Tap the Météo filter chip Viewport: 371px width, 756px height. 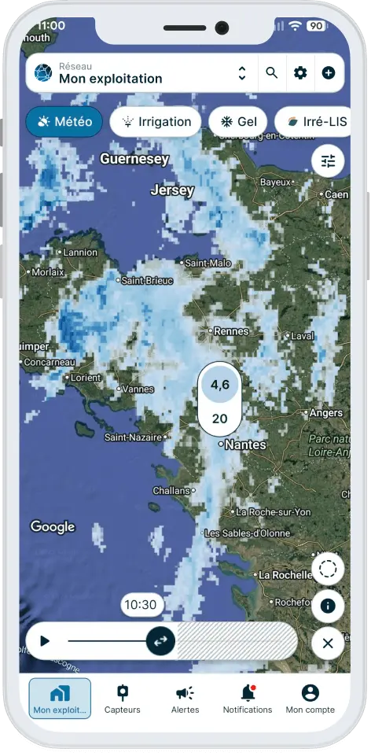click(64, 122)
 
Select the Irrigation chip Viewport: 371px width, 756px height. click(156, 122)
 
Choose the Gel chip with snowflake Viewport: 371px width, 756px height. click(237, 122)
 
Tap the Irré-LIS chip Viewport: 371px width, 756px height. click(312, 122)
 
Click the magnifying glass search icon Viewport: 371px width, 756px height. click(272, 73)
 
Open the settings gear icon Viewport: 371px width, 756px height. click(300, 73)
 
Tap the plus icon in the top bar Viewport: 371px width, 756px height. click(329, 73)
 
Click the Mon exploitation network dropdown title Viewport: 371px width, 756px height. click(110, 79)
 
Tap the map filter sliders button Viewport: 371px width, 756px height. click(328, 160)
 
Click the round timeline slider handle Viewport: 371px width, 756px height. click(160, 640)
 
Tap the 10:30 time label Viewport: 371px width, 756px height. click(141, 605)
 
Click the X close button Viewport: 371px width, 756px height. click(328, 644)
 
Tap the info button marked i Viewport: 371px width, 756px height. click(328, 606)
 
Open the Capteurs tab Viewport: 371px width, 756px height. click(122, 698)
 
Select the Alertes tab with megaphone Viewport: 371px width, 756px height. click(185, 698)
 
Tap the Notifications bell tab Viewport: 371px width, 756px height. click(248, 698)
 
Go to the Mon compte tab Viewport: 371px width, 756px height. click(310, 698)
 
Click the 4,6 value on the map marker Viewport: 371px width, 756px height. click(220, 385)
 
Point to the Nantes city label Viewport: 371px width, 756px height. click(245, 445)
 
